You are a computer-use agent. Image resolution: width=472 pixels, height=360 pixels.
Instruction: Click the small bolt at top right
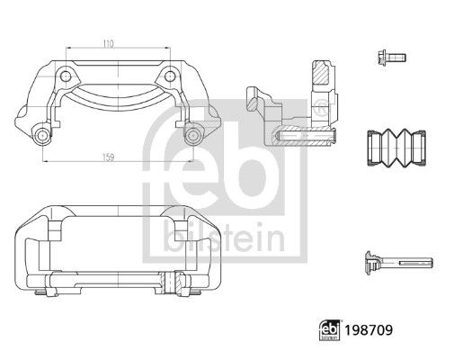[x=387, y=56]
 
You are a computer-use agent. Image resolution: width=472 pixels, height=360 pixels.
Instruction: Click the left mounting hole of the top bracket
[x=41, y=136]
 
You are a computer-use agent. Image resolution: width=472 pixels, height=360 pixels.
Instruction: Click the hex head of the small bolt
[x=378, y=56]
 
